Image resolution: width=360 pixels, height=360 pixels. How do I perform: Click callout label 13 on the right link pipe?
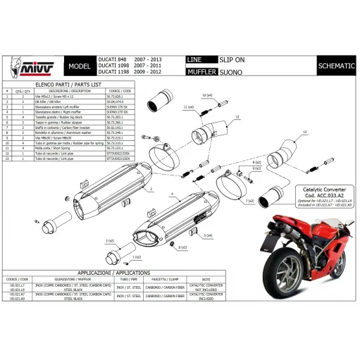coord(305,132)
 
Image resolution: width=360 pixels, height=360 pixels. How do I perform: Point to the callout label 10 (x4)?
coord(206,95)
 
